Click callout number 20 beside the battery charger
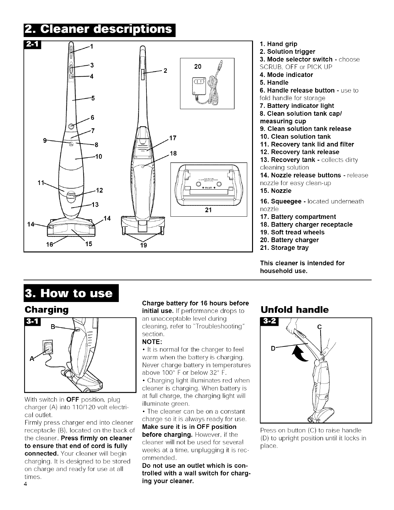pos(198,67)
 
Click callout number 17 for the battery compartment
pos(173,138)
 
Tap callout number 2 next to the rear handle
pos(165,71)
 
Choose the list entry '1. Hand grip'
pos(278,44)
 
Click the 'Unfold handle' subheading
pos(294,310)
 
